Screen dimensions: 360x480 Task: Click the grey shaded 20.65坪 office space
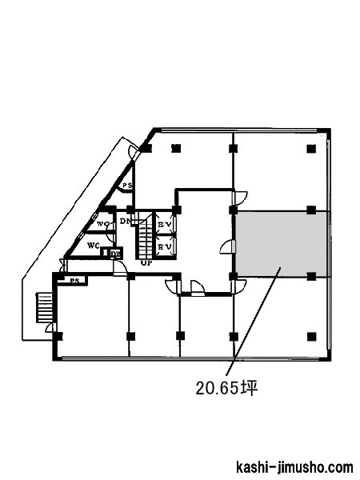281,244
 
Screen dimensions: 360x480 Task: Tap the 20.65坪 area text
226,388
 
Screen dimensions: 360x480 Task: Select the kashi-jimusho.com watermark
294,467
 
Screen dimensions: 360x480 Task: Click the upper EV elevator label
164,224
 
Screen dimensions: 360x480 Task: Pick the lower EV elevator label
164,246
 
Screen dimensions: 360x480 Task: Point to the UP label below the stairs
146,263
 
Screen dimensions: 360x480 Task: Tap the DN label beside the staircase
125,221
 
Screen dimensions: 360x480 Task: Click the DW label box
116,253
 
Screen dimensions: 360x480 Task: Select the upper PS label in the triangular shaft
127,186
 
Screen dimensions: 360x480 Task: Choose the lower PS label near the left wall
74,281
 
